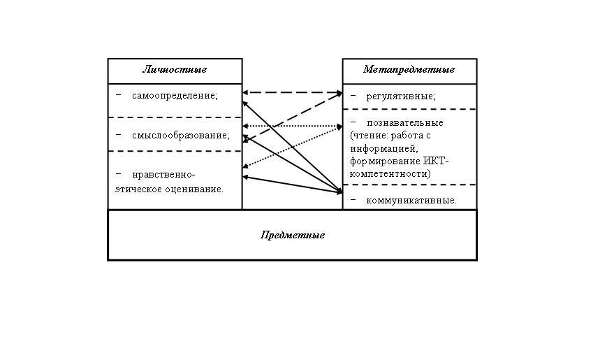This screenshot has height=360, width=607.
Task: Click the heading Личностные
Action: (175, 70)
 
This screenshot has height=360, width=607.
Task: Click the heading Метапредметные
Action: (409, 70)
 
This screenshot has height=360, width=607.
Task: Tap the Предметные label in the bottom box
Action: (292, 235)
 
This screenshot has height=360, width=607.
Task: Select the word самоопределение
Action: (175, 96)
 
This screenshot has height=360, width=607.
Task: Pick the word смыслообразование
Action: (180, 135)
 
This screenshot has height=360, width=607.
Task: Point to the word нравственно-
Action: (163, 175)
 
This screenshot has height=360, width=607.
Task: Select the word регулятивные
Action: (401, 96)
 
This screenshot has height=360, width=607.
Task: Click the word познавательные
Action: (405, 123)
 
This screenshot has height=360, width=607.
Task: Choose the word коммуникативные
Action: (411, 201)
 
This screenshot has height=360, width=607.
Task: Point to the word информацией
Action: (383, 148)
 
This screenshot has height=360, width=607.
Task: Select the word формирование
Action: (385, 161)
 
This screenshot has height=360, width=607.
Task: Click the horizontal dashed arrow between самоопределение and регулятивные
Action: (292, 92)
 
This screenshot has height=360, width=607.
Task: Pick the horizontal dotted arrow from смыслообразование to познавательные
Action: (292, 126)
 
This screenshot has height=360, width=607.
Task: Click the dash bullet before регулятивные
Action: (353, 95)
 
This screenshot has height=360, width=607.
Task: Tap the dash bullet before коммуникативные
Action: (353, 199)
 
